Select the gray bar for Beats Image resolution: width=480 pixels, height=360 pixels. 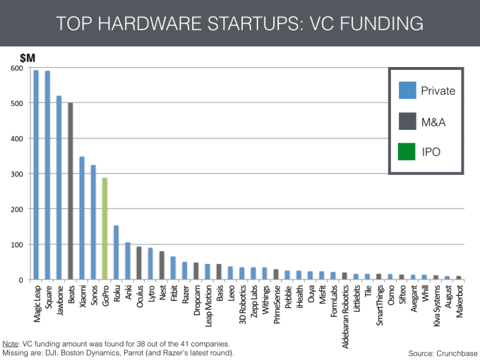click(71, 191)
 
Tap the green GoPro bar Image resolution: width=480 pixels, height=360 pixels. click(105, 229)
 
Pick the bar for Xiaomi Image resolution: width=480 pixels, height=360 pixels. click(82, 218)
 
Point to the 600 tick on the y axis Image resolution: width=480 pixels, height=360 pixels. click(17, 68)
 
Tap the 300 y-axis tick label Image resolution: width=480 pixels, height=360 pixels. click(17, 174)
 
